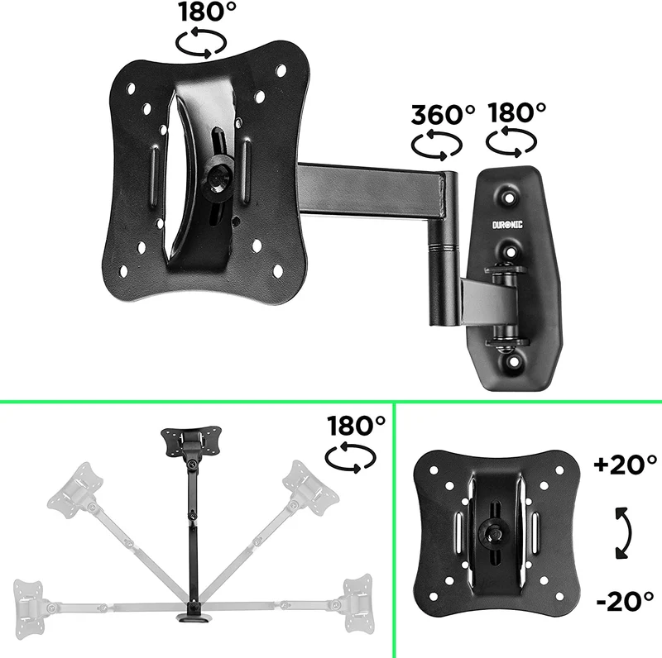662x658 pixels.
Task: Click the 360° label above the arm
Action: click(443, 114)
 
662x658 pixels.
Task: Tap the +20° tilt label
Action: click(626, 465)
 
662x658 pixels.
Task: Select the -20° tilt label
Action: click(626, 601)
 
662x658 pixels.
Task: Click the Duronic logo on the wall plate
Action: click(507, 225)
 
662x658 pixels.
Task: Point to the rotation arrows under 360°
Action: click(437, 145)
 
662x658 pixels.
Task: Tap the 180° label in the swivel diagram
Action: click(356, 426)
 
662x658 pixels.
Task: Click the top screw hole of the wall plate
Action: click(510, 197)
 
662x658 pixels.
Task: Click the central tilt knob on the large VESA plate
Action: click(218, 177)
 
